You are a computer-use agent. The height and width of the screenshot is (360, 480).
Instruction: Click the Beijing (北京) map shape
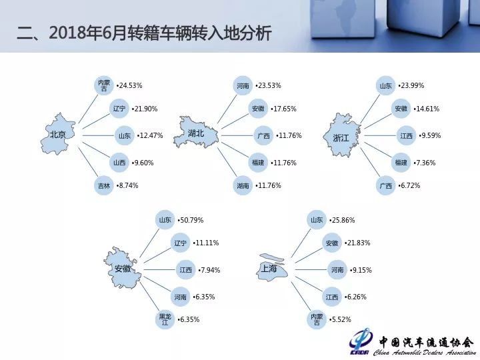click(58, 134)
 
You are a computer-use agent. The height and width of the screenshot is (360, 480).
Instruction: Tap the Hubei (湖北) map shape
click(196, 132)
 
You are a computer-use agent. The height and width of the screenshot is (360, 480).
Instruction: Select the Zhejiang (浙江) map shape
click(341, 135)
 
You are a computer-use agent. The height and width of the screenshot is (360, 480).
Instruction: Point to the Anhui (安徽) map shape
click(123, 268)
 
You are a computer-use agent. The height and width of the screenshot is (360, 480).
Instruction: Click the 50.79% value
click(191, 220)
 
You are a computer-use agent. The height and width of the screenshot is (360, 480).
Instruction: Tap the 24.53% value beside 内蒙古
click(129, 85)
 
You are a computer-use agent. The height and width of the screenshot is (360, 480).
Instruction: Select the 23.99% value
click(411, 85)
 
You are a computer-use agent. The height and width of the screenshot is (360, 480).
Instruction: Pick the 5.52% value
click(340, 319)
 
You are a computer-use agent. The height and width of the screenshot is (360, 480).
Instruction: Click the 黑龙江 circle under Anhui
click(165, 319)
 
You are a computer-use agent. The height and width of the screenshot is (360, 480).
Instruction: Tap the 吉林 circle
click(104, 185)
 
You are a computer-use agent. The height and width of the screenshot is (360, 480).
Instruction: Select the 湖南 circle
click(243, 185)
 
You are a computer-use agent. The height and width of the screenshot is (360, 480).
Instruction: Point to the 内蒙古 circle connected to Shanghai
click(317, 319)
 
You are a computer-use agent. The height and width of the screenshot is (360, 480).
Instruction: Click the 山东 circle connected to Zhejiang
click(385, 85)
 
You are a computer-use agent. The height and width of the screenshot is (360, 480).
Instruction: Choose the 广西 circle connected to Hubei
click(263, 135)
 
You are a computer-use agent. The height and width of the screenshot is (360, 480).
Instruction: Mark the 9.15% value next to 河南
click(361, 270)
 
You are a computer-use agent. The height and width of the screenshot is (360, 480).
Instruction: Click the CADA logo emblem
click(361, 341)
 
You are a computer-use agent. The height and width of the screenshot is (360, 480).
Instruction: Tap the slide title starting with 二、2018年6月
click(144, 33)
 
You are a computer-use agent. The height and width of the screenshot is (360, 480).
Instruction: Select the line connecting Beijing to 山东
click(99, 135)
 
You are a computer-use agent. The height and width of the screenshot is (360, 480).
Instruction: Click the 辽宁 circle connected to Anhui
click(180, 243)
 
